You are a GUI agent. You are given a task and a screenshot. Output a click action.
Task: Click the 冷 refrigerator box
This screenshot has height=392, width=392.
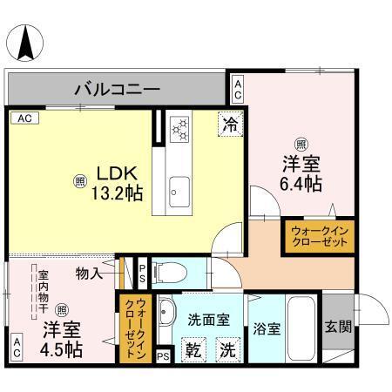click(x=231, y=124)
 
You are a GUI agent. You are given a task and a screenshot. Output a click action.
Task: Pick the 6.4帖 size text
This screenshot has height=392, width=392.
click(x=301, y=184)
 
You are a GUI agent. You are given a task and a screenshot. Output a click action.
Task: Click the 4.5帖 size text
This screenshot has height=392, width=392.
click(x=61, y=349)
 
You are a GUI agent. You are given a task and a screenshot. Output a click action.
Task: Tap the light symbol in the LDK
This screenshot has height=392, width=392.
click(x=80, y=181)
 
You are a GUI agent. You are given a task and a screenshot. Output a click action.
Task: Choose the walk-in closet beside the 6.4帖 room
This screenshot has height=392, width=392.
click(x=317, y=236)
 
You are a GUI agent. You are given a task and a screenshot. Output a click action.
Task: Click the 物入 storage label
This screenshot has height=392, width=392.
click(x=89, y=274)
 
